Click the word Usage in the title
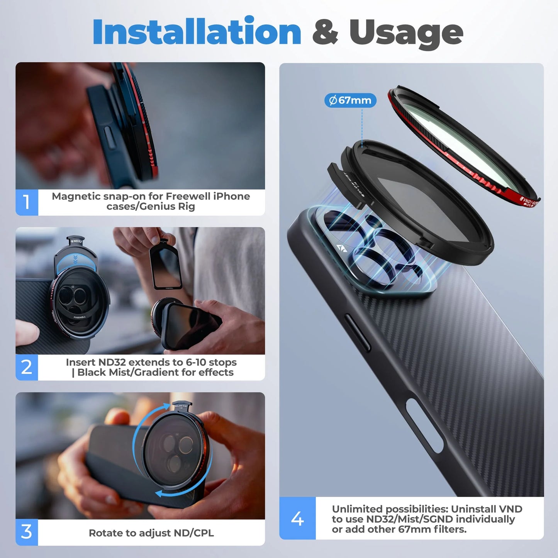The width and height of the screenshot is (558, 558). (x=406, y=32)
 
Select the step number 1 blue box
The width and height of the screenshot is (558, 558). (x=27, y=202)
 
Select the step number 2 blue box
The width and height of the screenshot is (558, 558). (x=27, y=367)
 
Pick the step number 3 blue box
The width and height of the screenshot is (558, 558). (x=27, y=532)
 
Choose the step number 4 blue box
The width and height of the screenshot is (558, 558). (x=297, y=518)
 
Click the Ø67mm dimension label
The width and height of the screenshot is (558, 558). (x=350, y=100)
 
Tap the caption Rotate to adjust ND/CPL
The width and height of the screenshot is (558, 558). (x=151, y=533)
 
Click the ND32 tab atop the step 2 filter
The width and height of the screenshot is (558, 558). (x=76, y=241)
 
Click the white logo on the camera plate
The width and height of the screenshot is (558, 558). (x=341, y=248)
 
